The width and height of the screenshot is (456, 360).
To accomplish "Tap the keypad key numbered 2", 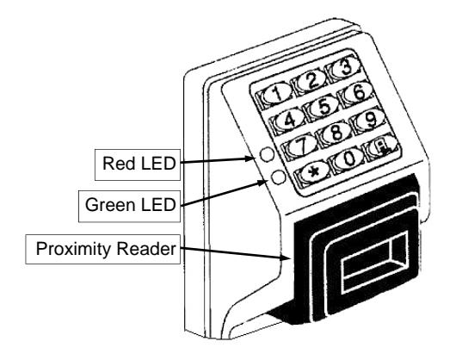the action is pyautogui.click(x=310, y=81).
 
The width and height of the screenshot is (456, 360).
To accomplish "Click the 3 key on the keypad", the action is pyautogui.click(x=344, y=68).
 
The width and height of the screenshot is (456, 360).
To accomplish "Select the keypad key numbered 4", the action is pyautogui.click(x=287, y=120).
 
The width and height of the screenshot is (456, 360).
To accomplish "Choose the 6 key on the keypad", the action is pyautogui.click(x=356, y=93).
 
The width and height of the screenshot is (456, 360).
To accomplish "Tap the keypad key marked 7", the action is pyautogui.click(x=300, y=145).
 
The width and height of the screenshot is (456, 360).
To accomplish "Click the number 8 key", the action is pyautogui.click(x=335, y=132).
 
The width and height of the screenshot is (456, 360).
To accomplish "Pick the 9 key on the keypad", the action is pyautogui.click(x=369, y=119).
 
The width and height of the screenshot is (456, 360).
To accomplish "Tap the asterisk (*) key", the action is pyautogui.click(x=312, y=172).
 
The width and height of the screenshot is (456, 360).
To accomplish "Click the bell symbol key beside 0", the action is pyautogui.click(x=382, y=146).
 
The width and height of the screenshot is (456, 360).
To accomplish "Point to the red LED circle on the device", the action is pyautogui.click(x=268, y=154).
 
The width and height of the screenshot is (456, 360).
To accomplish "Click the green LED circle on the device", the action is pyautogui.click(x=278, y=177).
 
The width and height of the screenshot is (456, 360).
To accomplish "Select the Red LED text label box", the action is pyautogui.click(x=138, y=164).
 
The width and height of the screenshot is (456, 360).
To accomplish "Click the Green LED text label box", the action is pyautogui.click(x=129, y=206).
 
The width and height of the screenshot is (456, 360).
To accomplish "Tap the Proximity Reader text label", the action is pyautogui.click(x=106, y=249).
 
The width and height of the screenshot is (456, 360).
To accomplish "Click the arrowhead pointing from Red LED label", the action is pyautogui.click(x=250, y=158).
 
